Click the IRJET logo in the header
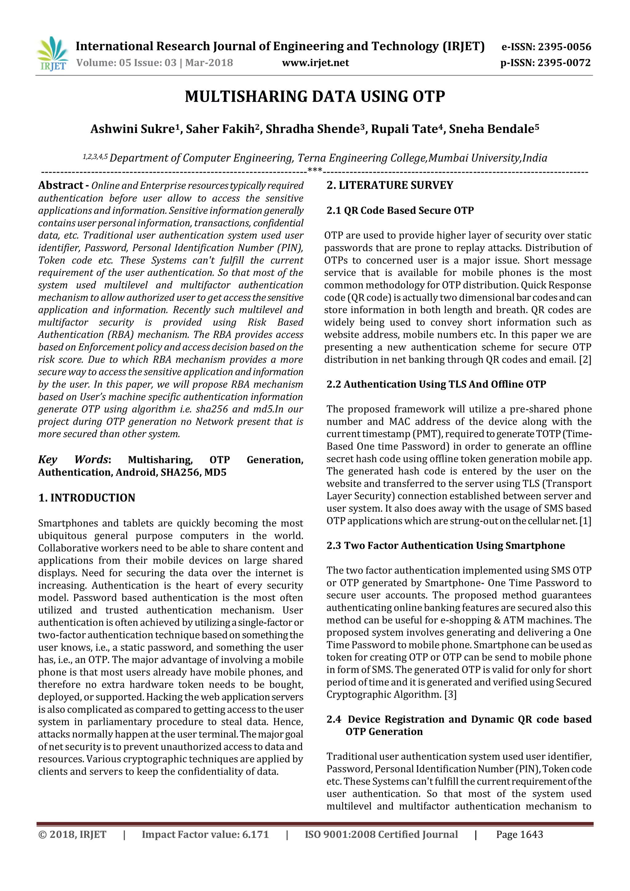coord(52,54)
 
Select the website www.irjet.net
coord(315,63)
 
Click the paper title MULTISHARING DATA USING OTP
coord(315,97)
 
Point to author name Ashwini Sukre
coord(132,129)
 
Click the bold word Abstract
coord(61,186)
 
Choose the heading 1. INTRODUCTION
coord(86,498)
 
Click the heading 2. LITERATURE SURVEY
coord(389,186)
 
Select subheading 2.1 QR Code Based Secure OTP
coord(400,210)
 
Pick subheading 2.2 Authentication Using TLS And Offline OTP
coord(436,384)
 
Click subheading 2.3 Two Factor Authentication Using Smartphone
coord(445,545)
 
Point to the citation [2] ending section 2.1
coord(585,360)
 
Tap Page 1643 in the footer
coord(520,834)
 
